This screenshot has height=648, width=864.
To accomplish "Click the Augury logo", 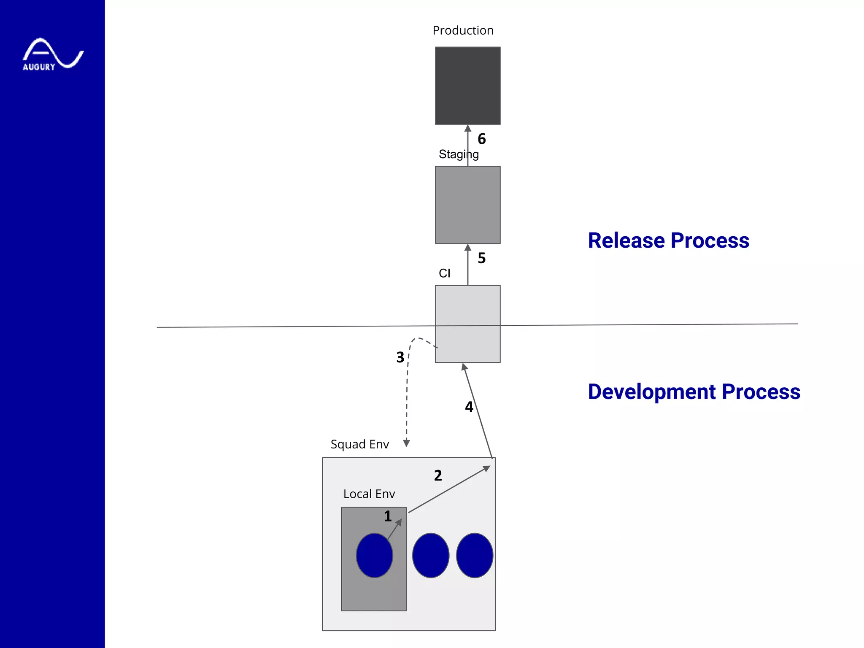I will (x=53, y=54).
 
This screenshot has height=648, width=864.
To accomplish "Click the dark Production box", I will (x=467, y=86).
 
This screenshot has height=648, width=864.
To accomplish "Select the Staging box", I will (x=467, y=205).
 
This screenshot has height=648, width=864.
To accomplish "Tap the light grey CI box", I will (x=467, y=324).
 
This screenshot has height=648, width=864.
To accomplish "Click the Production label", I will (x=463, y=30).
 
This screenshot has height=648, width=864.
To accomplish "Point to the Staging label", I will (x=458, y=154).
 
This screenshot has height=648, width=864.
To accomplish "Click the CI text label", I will (x=444, y=273).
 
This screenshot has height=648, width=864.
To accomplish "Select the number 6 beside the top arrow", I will (x=481, y=139).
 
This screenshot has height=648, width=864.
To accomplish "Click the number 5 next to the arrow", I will (x=481, y=258).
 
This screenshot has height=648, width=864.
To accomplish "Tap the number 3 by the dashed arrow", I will (x=400, y=358).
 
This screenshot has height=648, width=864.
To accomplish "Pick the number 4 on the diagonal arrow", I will (x=469, y=407).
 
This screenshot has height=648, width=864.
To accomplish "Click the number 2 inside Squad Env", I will (x=438, y=476).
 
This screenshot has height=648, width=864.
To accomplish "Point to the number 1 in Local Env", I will (x=388, y=516).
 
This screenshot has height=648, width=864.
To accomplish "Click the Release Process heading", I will (x=668, y=240).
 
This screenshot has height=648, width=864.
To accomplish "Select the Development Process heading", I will (x=694, y=391).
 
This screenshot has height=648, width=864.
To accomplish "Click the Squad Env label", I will (x=359, y=444).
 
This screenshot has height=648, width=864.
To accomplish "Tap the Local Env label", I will (x=369, y=494).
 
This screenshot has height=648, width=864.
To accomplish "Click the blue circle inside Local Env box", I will (x=374, y=555).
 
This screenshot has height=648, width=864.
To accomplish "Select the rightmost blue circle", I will (x=474, y=555).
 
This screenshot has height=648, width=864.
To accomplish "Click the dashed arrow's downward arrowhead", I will (x=406, y=443).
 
